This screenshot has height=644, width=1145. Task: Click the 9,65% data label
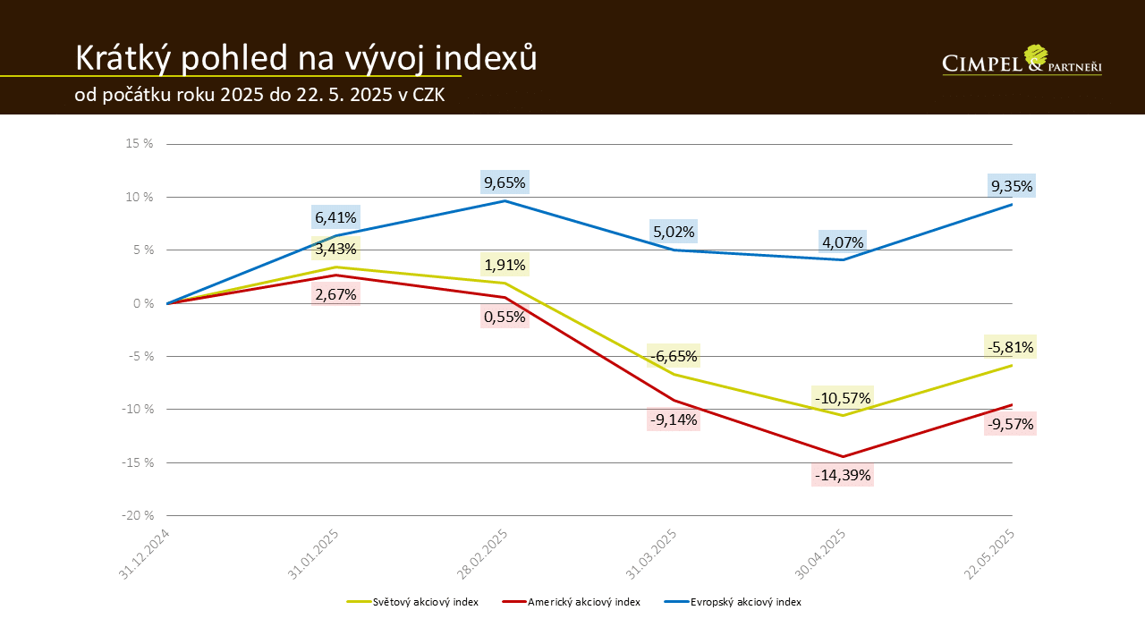[505, 182]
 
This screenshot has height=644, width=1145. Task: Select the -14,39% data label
[843, 474]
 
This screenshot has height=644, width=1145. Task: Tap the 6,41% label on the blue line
[335, 216]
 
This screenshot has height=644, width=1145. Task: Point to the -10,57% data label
[842, 397]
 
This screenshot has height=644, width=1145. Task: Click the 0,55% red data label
[505, 316]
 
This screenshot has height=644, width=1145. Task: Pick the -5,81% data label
[1011, 346]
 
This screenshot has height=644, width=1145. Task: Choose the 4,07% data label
[842, 241]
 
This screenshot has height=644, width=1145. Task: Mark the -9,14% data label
[674, 419]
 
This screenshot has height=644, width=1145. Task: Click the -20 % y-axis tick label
[139, 515]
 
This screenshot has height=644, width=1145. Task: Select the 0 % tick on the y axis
[144, 303]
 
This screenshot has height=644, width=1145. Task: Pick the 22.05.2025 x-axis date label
[994, 554]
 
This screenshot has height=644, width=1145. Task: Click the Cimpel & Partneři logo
[1022, 61]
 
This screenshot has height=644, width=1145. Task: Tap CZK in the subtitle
[428, 96]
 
